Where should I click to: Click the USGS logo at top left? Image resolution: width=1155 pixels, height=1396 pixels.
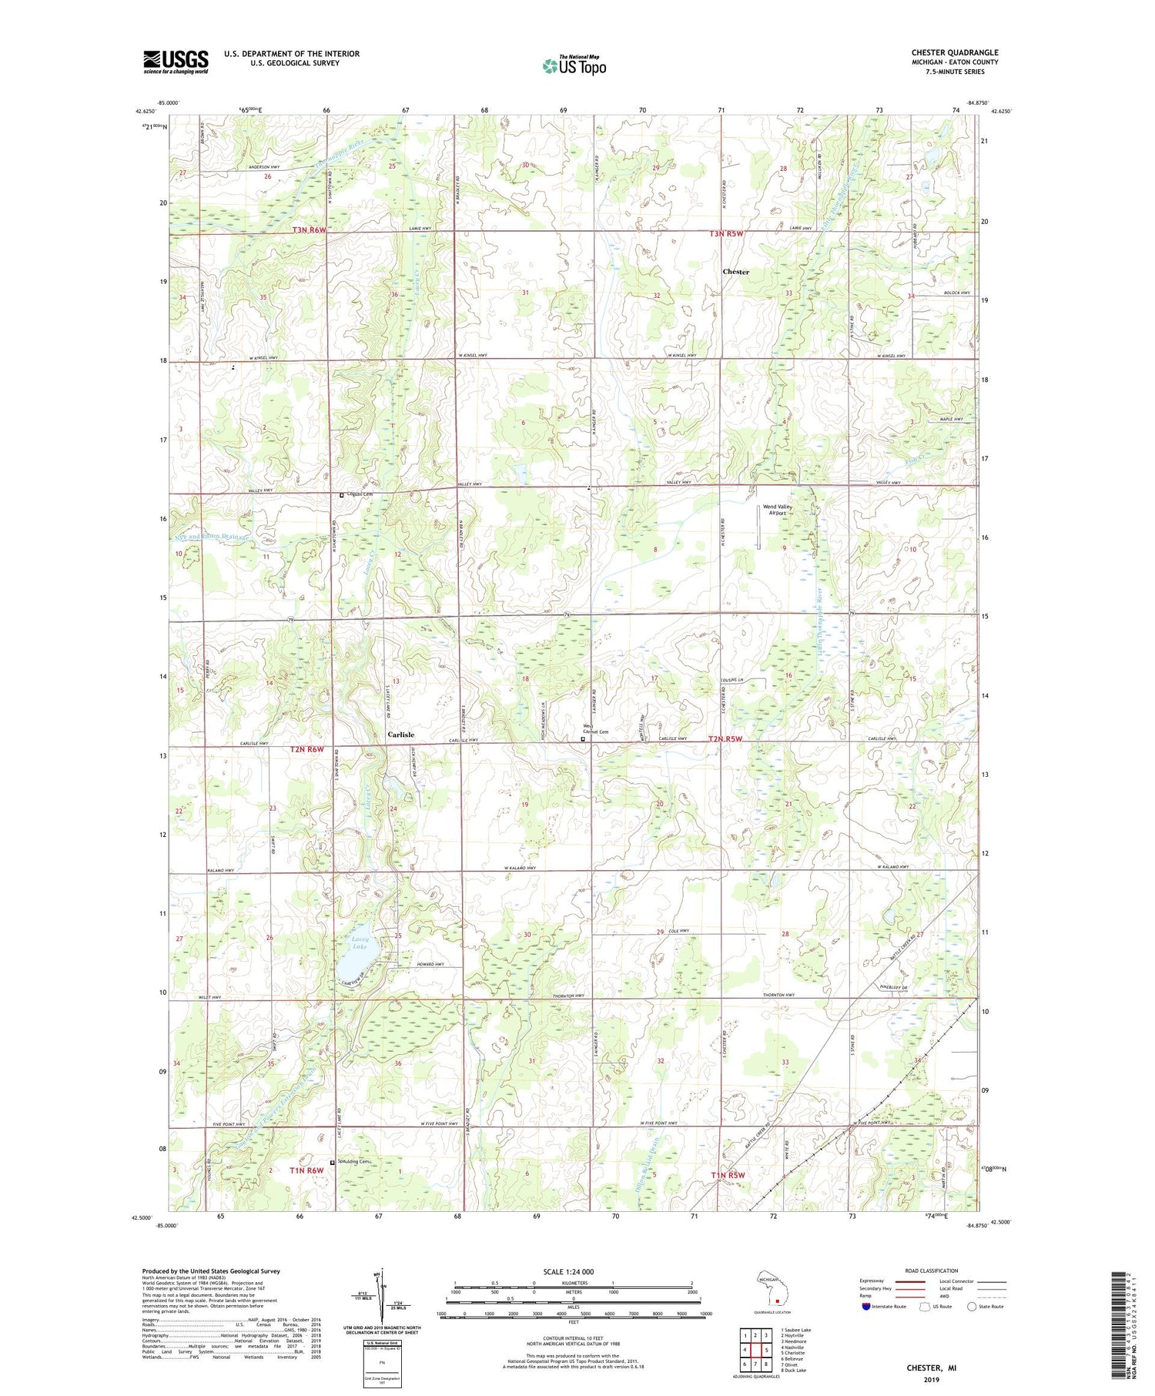click(x=176, y=62)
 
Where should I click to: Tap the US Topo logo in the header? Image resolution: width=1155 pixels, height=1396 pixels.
click(x=574, y=66)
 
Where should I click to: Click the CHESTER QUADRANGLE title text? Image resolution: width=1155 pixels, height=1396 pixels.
click(x=954, y=53)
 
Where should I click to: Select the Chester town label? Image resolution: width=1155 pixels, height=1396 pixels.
click(x=735, y=272)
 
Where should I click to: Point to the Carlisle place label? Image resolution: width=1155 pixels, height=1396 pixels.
click(x=400, y=735)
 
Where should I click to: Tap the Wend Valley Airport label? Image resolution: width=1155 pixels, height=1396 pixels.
click(x=778, y=510)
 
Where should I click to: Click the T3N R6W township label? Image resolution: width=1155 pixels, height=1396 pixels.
click(x=309, y=230)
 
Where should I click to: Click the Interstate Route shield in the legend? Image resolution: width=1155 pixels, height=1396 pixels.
click(x=866, y=1307)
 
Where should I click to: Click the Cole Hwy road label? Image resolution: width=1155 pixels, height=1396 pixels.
click(x=678, y=931)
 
